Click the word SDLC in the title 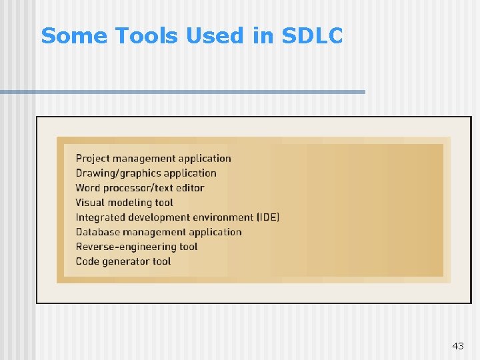click(x=313, y=36)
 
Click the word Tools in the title click(x=148, y=36)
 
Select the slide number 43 click(x=457, y=346)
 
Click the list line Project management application click(x=153, y=159)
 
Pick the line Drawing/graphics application click(x=146, y=173)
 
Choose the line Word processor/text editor click(x=139, y=188)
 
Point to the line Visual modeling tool click(x=124, y=203)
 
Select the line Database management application click(x=159, y=232)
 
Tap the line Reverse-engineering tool click(x=137, y=247)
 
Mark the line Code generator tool click(x=123, y=261)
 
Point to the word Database click(x=97, y=232)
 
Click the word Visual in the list click(x=90, y=203)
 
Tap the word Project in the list click(x=93, y=159)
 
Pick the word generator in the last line click(x=127, y=261)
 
